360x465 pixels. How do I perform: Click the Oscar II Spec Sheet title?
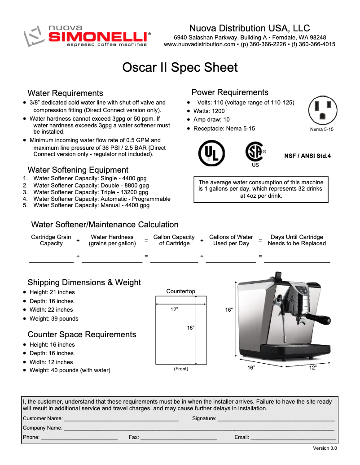[x=180, y=68]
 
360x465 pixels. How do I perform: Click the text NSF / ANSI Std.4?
[x=307, y=156]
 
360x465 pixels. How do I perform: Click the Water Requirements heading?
[x=65, y=93]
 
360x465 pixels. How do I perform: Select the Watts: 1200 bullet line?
[x=209, y=111]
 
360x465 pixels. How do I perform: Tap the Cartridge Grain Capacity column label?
[x=51, y=240]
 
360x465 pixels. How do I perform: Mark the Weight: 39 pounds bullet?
[x=53, y=319]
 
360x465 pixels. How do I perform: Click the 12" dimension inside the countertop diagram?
[x=174, y=309]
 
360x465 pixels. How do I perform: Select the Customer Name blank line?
[x=122, y=419]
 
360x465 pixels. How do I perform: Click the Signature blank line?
[x=276, y=419]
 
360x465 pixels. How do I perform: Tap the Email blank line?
[x=293, y=437]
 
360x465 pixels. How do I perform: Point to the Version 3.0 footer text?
[x=325, y=448]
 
